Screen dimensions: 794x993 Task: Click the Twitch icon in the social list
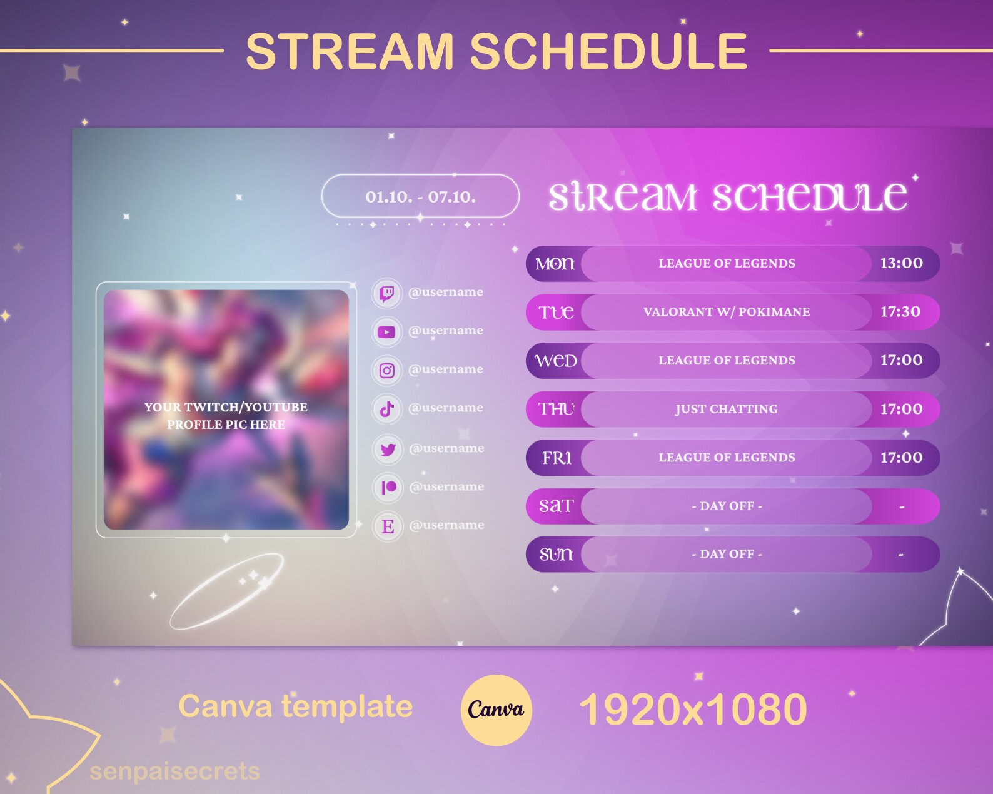[387, 293]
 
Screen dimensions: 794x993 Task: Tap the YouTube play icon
[387, 331]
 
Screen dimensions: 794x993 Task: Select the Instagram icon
[387, 370]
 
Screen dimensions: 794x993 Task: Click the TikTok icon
[387, 409]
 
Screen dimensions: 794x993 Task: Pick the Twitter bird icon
[388, 449]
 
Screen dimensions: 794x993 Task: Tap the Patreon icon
[388, 487]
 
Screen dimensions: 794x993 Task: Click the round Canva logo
[496, 710]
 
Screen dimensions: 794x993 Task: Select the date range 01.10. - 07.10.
[420, 197]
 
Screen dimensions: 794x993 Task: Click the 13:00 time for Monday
[901, 263]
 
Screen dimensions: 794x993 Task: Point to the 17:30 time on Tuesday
[900, 311]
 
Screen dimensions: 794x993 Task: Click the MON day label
[555, 264]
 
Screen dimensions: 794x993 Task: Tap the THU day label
[556, 409]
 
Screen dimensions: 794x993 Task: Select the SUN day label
[556, 554]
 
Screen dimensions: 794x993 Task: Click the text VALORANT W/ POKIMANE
[727, 312]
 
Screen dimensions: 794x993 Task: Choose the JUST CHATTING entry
[727, 409]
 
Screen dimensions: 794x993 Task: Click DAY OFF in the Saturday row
[727, 506]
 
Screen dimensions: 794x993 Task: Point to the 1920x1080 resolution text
[693, 710]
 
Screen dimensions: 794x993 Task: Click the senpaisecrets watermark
[174, 771]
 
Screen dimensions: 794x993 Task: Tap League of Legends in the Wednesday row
[727, 360]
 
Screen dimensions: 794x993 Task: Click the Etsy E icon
[388, 526]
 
